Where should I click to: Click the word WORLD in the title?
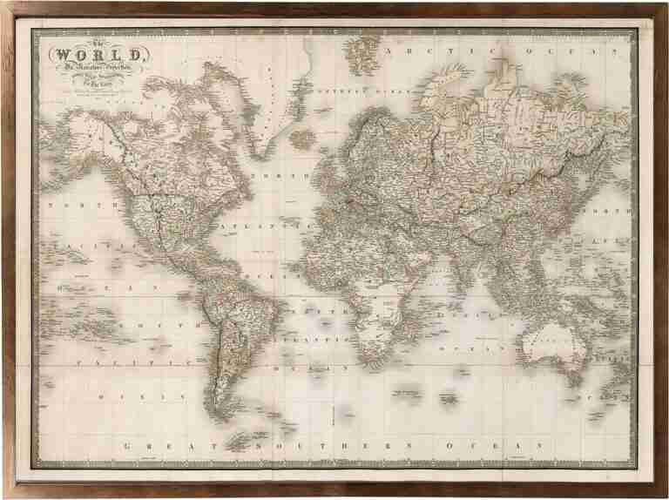(x=98, y=55)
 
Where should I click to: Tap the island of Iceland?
(x=302, y=138)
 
